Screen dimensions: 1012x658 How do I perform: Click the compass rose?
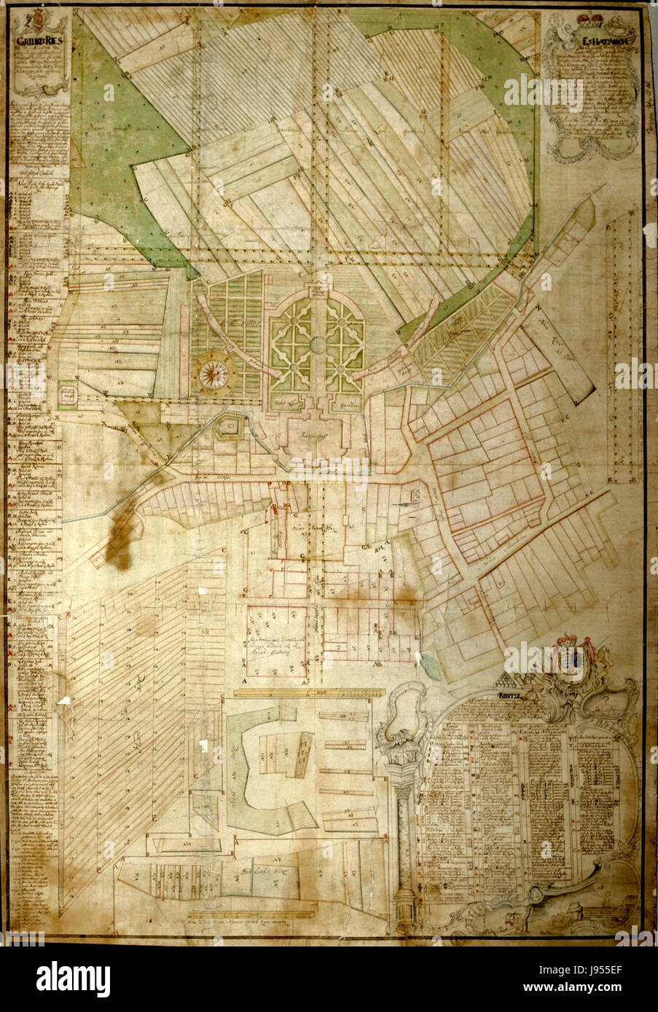click(x=212, y=373)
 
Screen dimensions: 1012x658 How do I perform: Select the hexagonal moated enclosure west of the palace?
click(x=229, y=427)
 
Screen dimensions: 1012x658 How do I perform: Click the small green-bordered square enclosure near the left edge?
click(x=69, y=395)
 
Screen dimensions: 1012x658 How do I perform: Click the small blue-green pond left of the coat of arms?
click(x=426, y=663)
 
